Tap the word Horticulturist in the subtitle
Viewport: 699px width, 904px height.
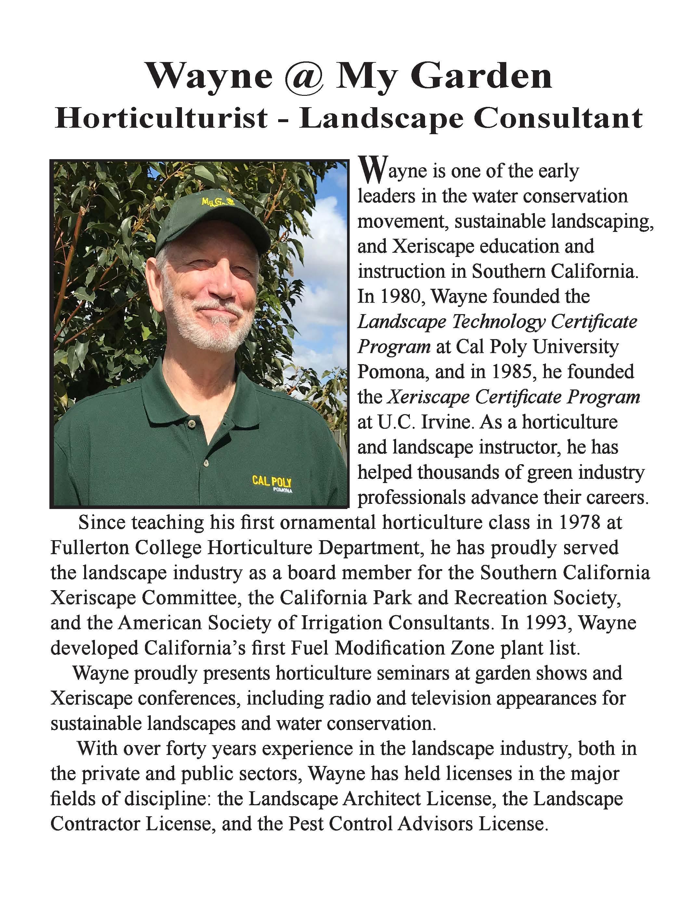pos(161,119)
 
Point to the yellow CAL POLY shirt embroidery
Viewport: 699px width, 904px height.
pos(272,482)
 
